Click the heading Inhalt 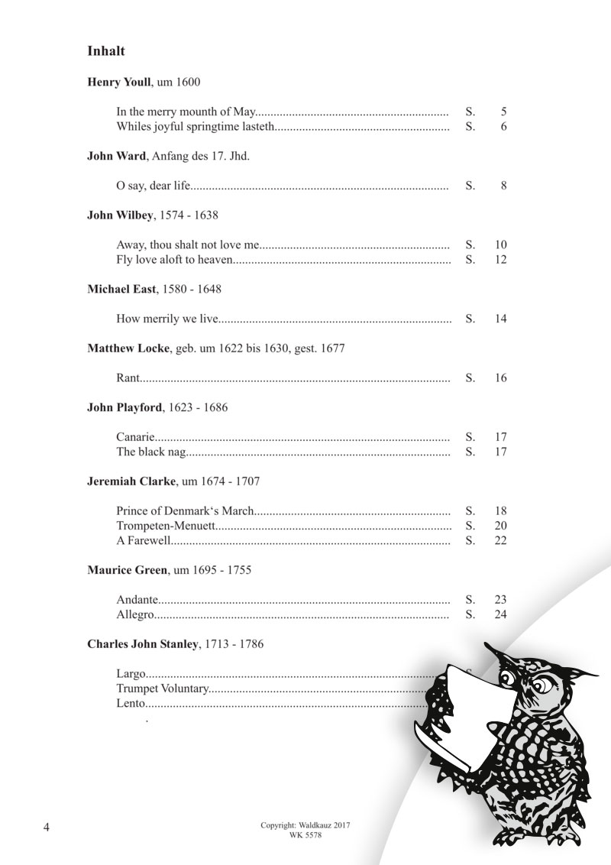click(106, 52)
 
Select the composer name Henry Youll click(119, 82)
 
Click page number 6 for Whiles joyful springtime click(504, 126)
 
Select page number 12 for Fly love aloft click(501, 260)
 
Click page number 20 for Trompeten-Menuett click(501, 526)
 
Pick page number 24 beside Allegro click(501, 614)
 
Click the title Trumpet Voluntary click(162, 688)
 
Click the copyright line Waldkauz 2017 click(305, 826)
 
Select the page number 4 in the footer click(47, 829)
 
